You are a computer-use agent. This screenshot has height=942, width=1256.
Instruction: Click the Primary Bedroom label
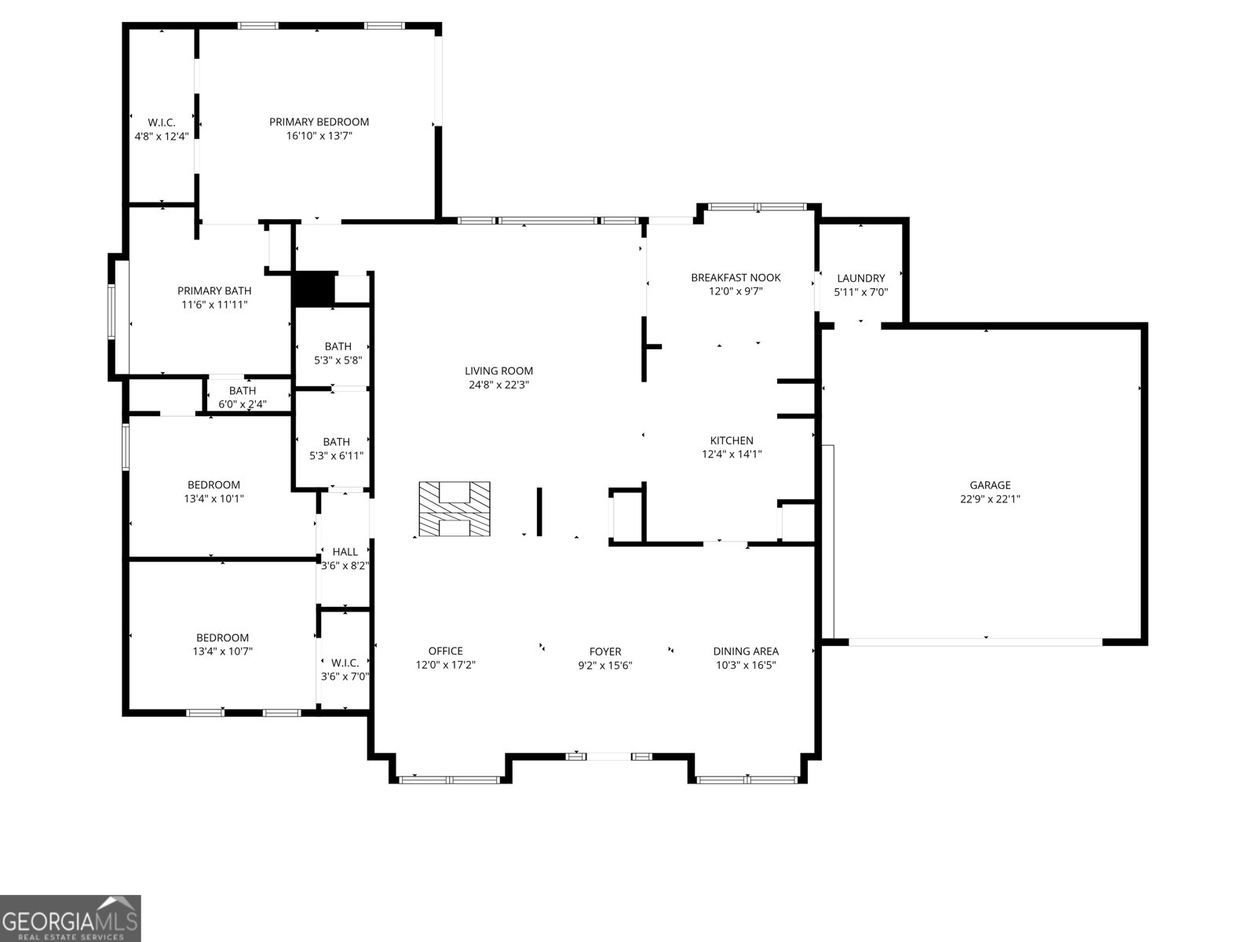click(x=319, y=122)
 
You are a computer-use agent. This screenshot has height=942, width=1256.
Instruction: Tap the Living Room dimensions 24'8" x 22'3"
click(x=498, y=385)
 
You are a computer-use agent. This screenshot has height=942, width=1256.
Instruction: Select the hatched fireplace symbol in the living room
click(x=454, y=509)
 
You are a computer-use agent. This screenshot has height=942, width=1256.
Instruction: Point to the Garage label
click(x=990, y=485)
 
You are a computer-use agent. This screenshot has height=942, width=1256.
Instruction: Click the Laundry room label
click(x=860, y=278)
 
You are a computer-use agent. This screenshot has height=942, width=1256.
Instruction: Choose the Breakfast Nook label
click(x=736, y=277)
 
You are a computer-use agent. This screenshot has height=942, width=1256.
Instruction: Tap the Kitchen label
click(x=732, y=440)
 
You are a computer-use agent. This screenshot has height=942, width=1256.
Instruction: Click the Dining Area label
click(x=746, y=651)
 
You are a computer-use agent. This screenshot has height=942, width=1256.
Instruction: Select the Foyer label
click(x=605, y=651)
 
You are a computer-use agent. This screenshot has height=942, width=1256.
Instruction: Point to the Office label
click(x=445, y=651)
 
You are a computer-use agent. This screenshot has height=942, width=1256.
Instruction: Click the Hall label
click(x=345, y=552)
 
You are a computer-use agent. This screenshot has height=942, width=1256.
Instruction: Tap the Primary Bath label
click(x=214, y=290)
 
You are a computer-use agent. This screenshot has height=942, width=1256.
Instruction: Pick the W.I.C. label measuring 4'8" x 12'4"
click(x=162, y=122)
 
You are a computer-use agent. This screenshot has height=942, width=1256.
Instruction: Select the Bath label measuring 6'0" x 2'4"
click(x=243, y=391)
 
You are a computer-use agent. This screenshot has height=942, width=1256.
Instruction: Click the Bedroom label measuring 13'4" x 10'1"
click(x=214, y=484)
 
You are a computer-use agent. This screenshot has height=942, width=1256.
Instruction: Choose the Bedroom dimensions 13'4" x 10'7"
click(x=222, y=651)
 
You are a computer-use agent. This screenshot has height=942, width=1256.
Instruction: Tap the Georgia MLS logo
click(x=71, y=918)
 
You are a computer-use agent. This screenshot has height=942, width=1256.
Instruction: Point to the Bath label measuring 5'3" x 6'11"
click(x=336, y=442)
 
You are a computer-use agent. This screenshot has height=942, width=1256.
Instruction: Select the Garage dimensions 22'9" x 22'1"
click(x=990, y=498)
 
